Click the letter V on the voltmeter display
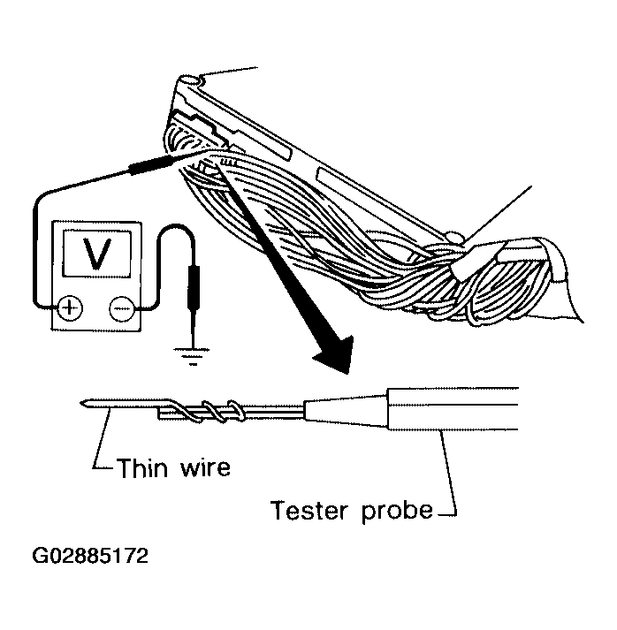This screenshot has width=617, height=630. pos(96,254)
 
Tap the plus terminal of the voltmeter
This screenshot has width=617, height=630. pos(70,308)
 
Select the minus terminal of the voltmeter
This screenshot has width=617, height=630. pos(121,309)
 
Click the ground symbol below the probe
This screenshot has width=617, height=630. pos(193,355)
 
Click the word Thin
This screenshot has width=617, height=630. pos(142,467)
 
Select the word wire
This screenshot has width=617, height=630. pos(205,468)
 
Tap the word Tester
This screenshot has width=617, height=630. pos(308,510)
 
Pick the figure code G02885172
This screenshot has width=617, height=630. pos(90,556)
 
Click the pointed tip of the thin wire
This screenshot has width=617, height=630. pos(81,403)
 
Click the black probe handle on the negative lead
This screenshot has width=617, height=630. pos(192,286)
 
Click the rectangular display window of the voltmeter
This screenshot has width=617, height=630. pos(97,254)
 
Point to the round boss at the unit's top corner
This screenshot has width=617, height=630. pos(190,80)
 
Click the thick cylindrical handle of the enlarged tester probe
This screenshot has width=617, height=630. pos(453,409)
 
